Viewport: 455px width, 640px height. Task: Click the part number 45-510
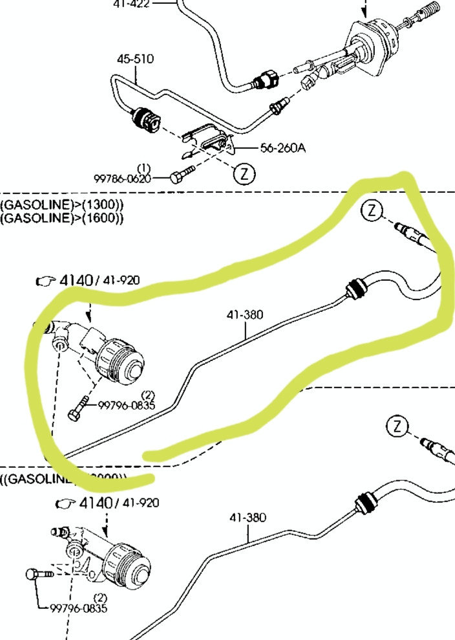[135, 59]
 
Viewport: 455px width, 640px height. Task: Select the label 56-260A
[283, 148]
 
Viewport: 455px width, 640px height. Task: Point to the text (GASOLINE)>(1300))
[62, 204]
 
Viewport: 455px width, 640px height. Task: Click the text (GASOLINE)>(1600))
[62, 217]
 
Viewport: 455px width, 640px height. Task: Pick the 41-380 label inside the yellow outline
[245, 316]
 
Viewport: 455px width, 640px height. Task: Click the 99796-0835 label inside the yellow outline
[127, 406]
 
